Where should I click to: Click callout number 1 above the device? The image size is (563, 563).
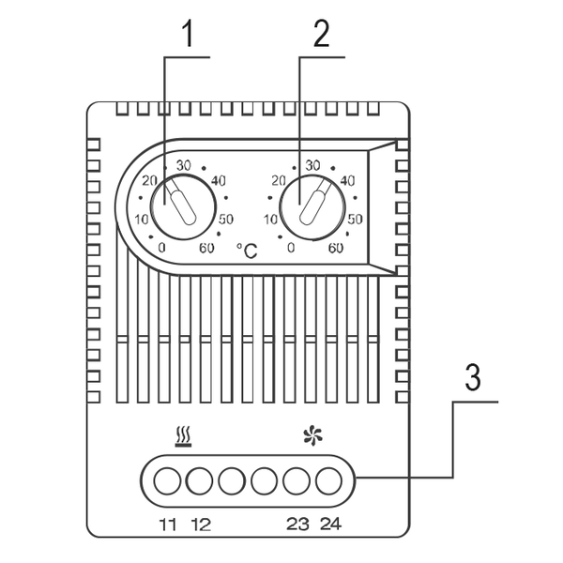188,34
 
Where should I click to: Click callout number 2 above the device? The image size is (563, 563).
321,34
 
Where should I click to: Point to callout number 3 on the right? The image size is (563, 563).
473,377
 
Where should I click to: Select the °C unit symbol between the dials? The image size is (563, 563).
247,250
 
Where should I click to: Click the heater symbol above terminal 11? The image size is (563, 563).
183,436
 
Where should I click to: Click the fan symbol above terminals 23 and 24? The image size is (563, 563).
312,435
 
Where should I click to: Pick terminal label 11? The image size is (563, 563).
168,525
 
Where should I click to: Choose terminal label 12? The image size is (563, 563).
201,525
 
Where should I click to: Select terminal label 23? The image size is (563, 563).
297,525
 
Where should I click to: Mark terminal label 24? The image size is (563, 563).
330,525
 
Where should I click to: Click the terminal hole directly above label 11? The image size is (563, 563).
167,480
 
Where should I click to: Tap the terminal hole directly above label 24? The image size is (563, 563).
329,480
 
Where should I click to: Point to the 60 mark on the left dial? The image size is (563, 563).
206,248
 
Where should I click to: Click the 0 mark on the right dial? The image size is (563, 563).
291,248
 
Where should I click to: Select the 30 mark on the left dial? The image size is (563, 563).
184,165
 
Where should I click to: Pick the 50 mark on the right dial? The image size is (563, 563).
356,219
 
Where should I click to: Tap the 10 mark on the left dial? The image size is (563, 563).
142,219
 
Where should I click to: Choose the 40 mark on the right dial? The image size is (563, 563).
347,180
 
